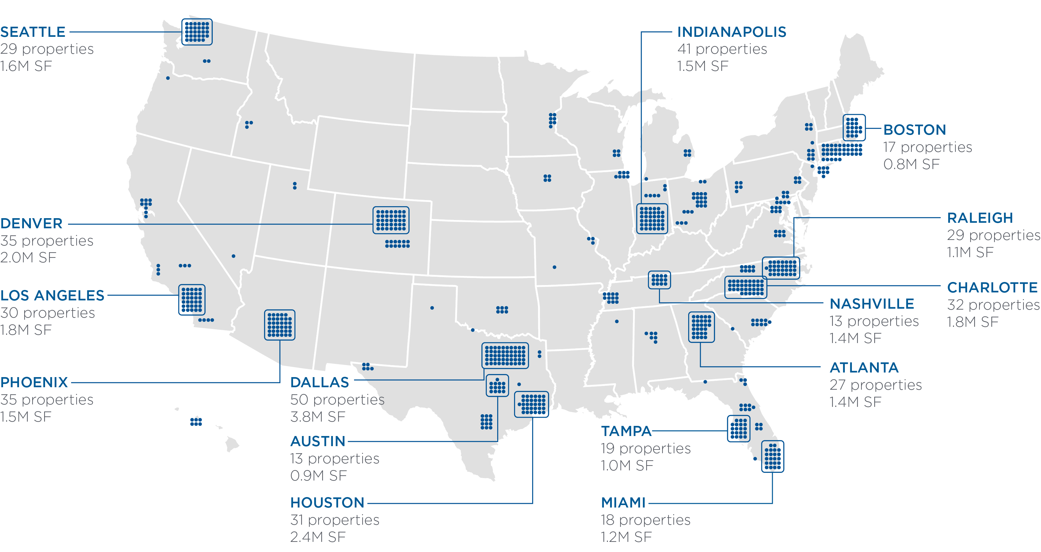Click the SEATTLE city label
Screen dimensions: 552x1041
pyautogui.click(x=33, y=32)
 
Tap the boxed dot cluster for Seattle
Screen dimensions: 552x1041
pyautogui.click(x=197, y=32)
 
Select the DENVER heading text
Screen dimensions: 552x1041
pyautogui.click(x=32, y=223)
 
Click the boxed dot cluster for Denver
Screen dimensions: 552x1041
pyautogui.click(x=391, y=220)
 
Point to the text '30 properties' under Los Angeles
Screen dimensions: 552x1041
pyautogui.click(x=48, y=313)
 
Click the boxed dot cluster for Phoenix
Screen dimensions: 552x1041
pyautogui.click(x=280, y=325)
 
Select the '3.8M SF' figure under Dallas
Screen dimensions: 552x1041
pyautogui.click(x=318, y=416)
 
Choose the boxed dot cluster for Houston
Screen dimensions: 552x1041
pyautogui.click(x=532, y=404)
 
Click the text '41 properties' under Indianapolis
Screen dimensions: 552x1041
pyautogui.click(x=722, y=49)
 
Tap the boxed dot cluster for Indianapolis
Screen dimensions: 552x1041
pyautogui.click(x=652, y=218)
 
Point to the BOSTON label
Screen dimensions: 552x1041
pyautogui.click(x=914, y=130)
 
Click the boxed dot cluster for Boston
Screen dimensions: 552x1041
pyautogui.click(x=854, y=127)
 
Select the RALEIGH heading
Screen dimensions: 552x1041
pyautogui.click(x=980, y=218)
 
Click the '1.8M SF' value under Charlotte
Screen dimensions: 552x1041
pyautogui.click(x=972, y=322)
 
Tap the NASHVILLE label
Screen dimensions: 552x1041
pyautogui.click(x=872, y=304)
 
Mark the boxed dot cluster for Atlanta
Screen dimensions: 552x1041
pyautogui.click(x=701, y=327)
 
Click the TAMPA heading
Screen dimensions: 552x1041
pyautogui.click(x=626, y=431)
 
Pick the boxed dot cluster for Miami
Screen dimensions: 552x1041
pyautogui.click(x=772, y=456)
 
